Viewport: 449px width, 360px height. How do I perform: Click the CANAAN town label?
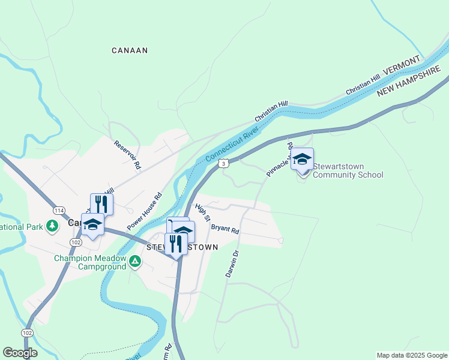click(130, 50)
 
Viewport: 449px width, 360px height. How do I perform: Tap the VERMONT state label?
click(402, 67)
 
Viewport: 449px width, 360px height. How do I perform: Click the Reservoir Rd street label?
click(127, 154)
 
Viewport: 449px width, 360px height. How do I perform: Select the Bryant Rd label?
click(225, 229)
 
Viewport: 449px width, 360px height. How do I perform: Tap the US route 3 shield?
click(223, 163)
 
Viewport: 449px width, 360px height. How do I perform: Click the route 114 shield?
click(59, 211)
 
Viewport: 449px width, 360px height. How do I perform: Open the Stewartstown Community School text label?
click(348, 171)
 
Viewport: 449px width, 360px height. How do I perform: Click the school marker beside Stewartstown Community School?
click(302, 160)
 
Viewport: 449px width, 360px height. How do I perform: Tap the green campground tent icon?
click(136, 261)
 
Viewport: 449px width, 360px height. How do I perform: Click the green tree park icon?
click(53, 226)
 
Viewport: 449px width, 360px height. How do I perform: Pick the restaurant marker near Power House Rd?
click(101, 204)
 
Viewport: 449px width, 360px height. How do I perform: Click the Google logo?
click(20, 353)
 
